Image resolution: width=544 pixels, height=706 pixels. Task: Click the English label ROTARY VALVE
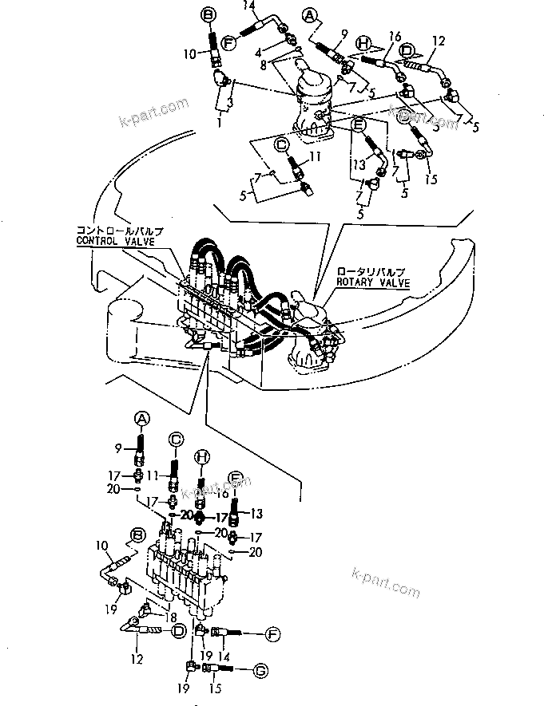click(372, 282)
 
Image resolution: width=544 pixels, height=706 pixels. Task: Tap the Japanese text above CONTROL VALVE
click(117, 230)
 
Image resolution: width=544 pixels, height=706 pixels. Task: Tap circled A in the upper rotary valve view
click(309, 14)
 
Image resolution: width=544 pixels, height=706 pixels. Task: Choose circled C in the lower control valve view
click(176, 438)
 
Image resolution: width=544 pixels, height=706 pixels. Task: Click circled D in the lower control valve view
click(178, 630)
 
